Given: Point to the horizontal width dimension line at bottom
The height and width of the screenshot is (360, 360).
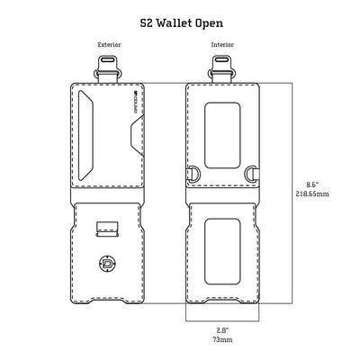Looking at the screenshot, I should coord(221,320).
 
